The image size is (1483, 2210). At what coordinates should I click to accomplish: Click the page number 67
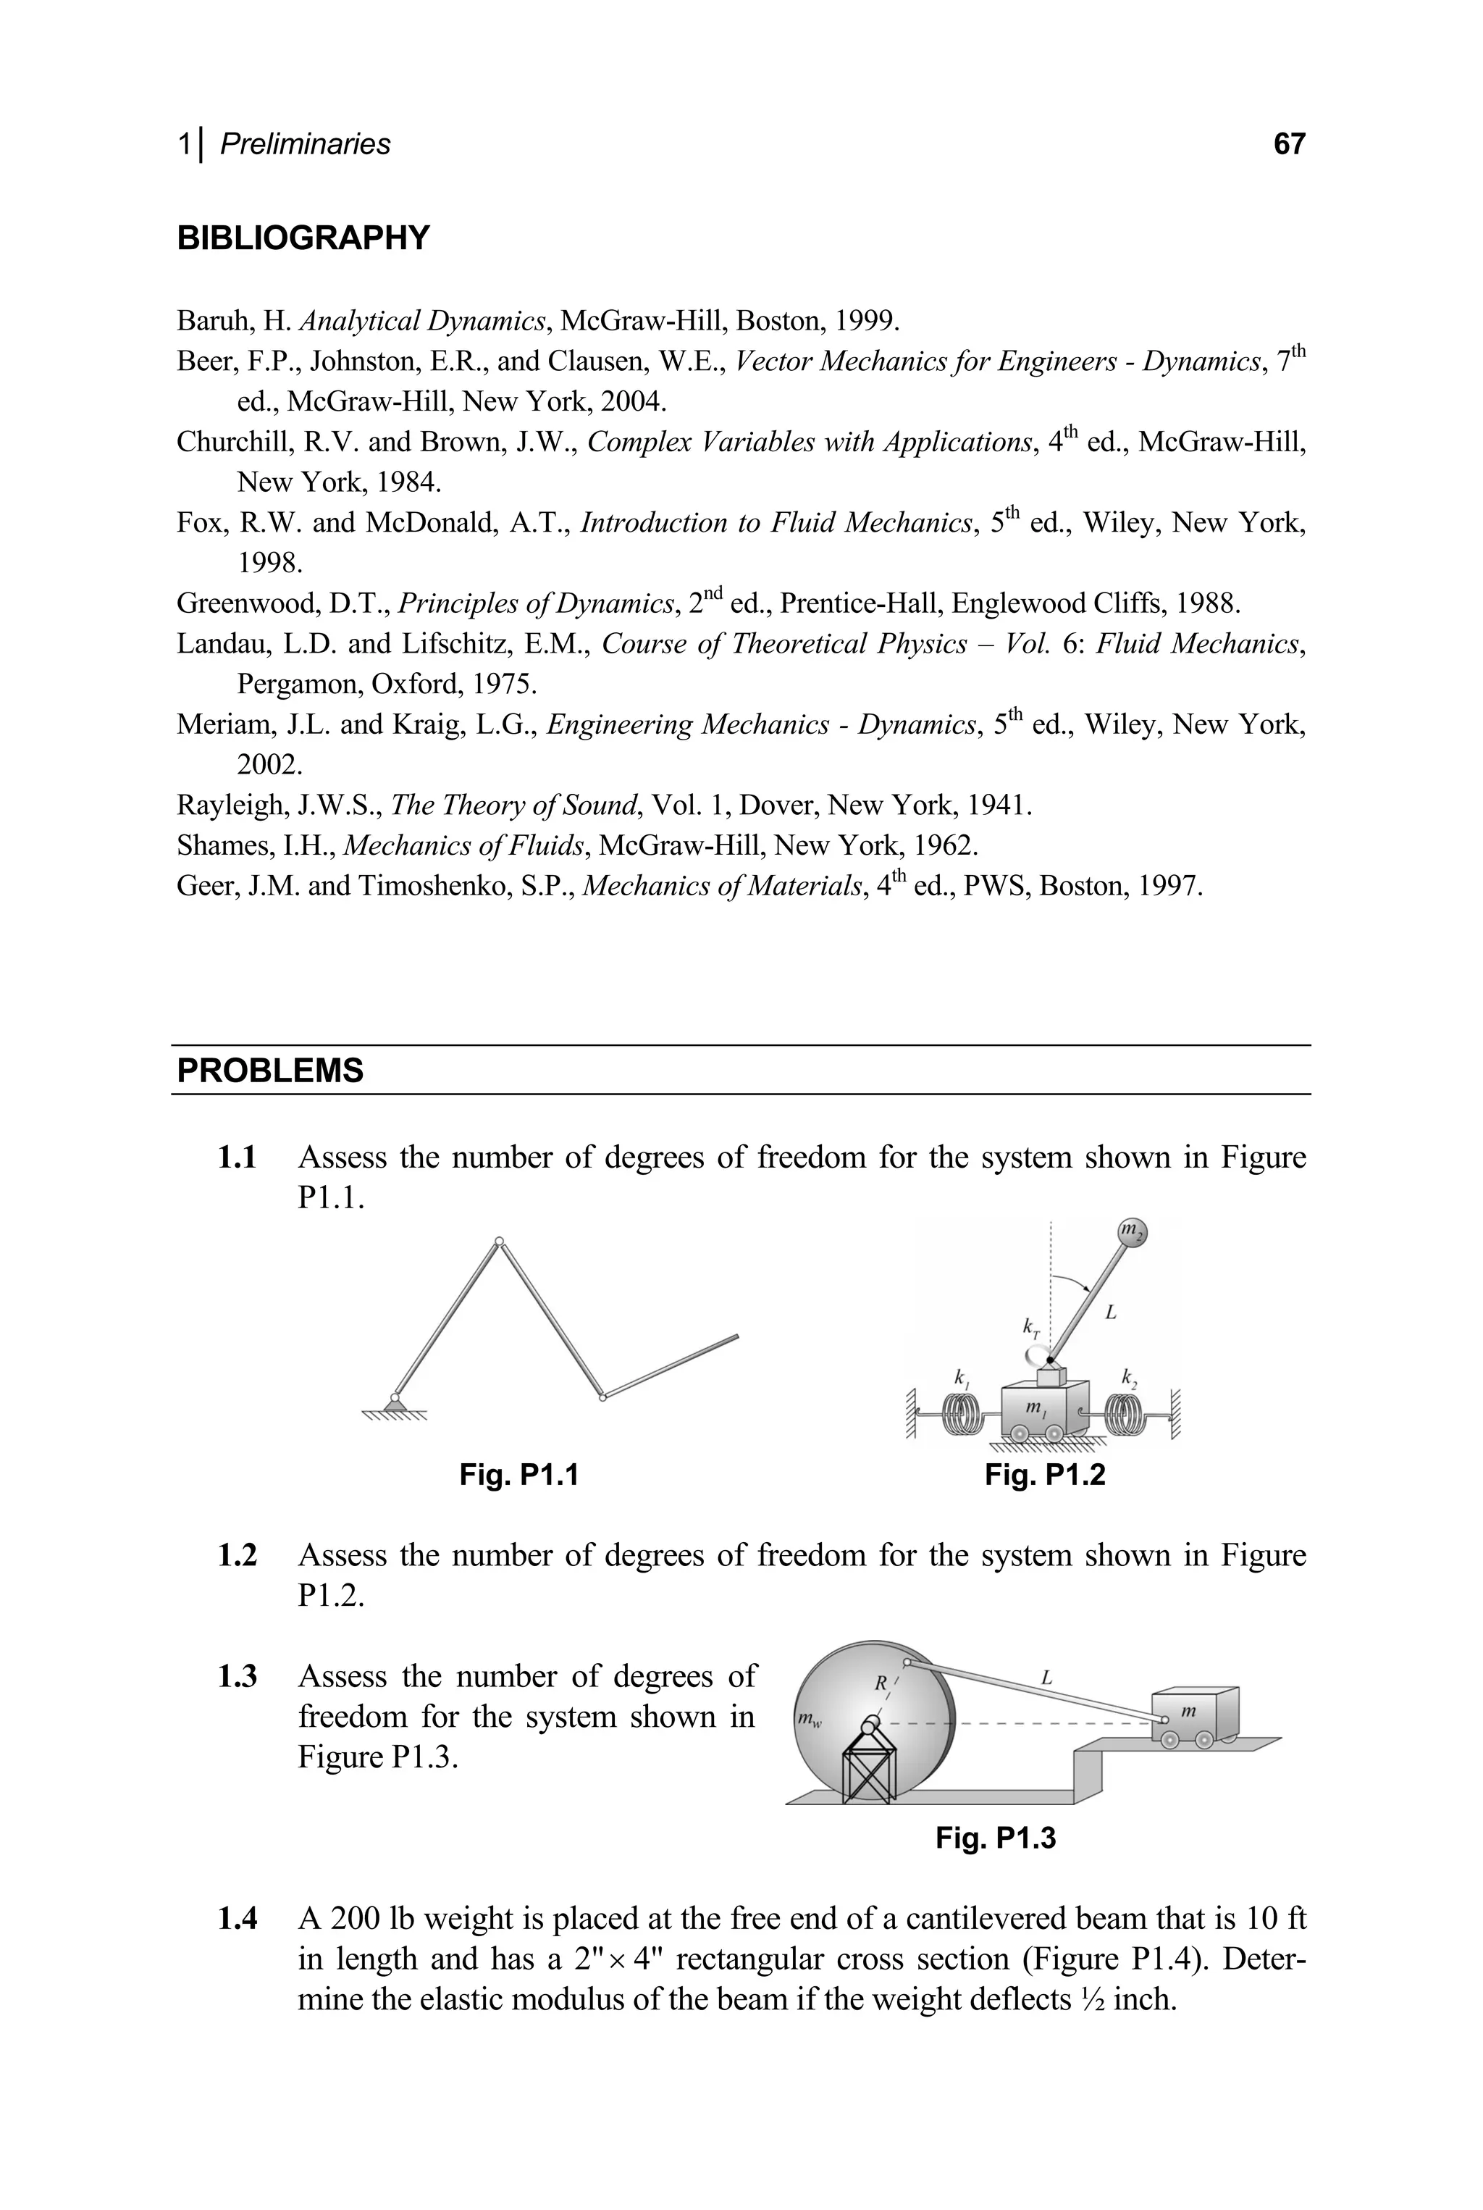[x=1288, y=144]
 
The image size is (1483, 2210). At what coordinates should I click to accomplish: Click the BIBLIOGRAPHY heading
[x=303, y=238]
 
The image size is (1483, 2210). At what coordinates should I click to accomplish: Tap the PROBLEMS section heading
[x=271, y=1071]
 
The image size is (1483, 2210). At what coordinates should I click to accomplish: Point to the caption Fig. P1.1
[x=518, y=1474]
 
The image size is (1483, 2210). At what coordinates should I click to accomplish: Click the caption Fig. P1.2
[x=1044, y=1474]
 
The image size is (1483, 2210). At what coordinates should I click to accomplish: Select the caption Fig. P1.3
[x=995, y=1838]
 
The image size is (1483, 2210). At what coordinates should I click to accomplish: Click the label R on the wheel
[x=880, y=1683]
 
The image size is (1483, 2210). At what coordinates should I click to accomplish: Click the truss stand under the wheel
[x=868, y=1765]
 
